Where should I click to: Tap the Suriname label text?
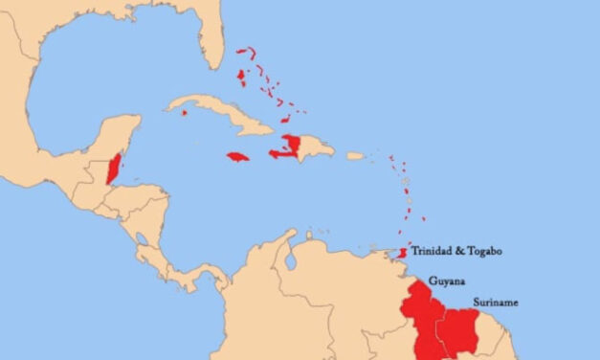tap(496, 303)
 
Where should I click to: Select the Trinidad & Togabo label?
tap(456, 251)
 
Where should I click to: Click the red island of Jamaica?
tap(238, 156)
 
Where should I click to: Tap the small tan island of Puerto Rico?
tap(355, 155)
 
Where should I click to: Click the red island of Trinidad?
tap(403, 253)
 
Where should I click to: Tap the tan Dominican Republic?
tap(316, 148)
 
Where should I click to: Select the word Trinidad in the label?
tap(433, 251)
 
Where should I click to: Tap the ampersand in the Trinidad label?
tap(460, 251)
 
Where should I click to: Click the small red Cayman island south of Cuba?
tap(183, 113)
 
